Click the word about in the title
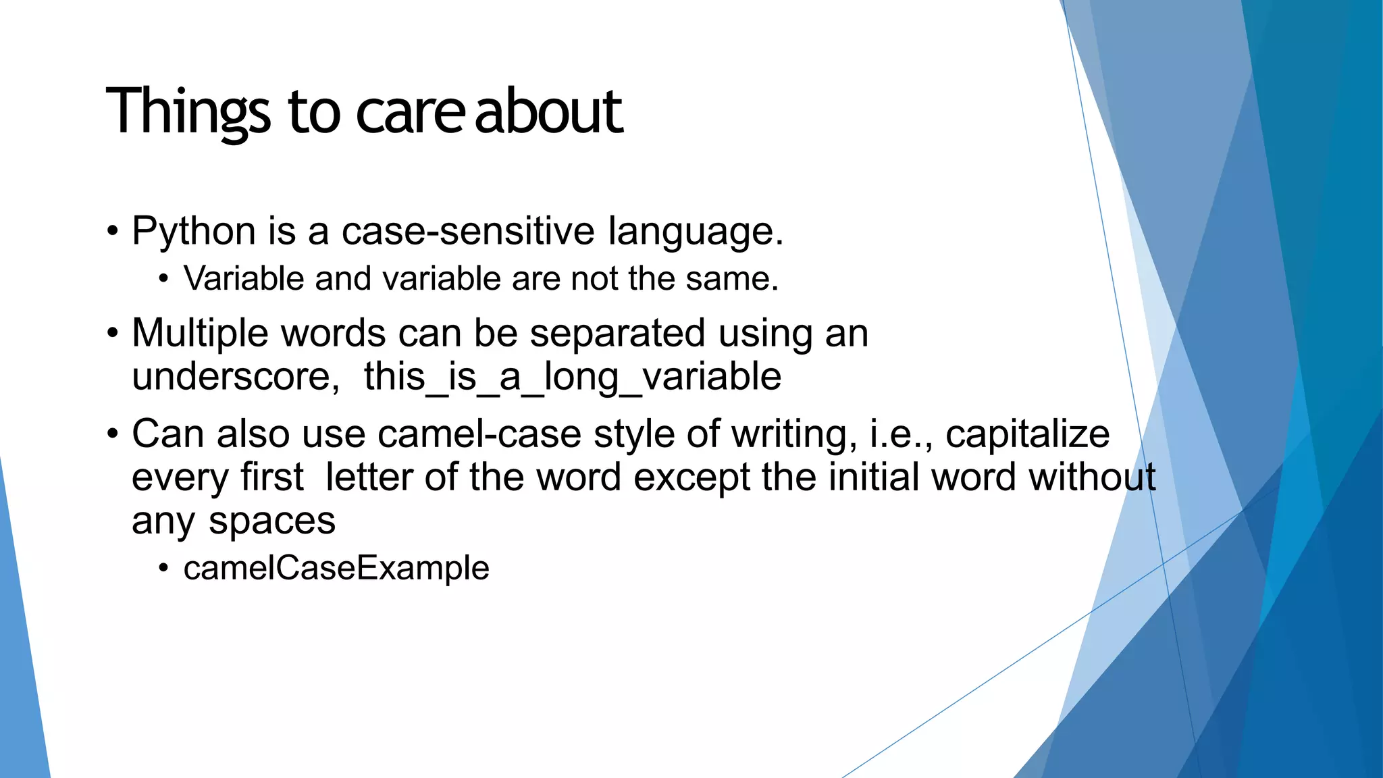point(548,111)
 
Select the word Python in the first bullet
point(194,232)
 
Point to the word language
point(696,232)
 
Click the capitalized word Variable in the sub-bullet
point(244,278)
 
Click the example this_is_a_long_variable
point(572,377)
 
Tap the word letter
point(368,477)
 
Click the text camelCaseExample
point(336,568)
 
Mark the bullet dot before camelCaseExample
point(163,569)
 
